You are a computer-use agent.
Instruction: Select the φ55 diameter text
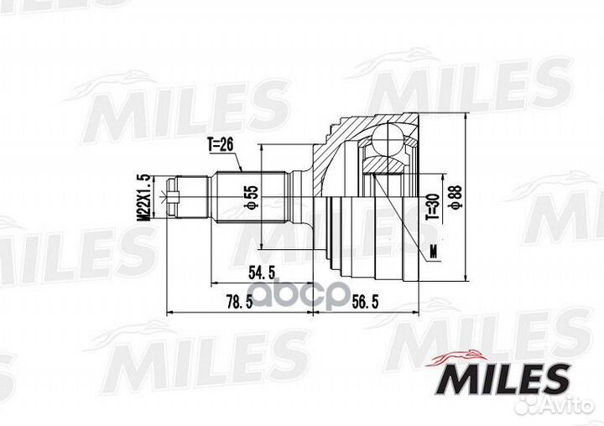250,197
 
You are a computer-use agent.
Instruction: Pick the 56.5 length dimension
365,302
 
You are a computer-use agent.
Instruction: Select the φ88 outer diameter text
454,197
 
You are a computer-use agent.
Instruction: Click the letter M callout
432,249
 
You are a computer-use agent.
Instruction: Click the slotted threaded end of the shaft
174,198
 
